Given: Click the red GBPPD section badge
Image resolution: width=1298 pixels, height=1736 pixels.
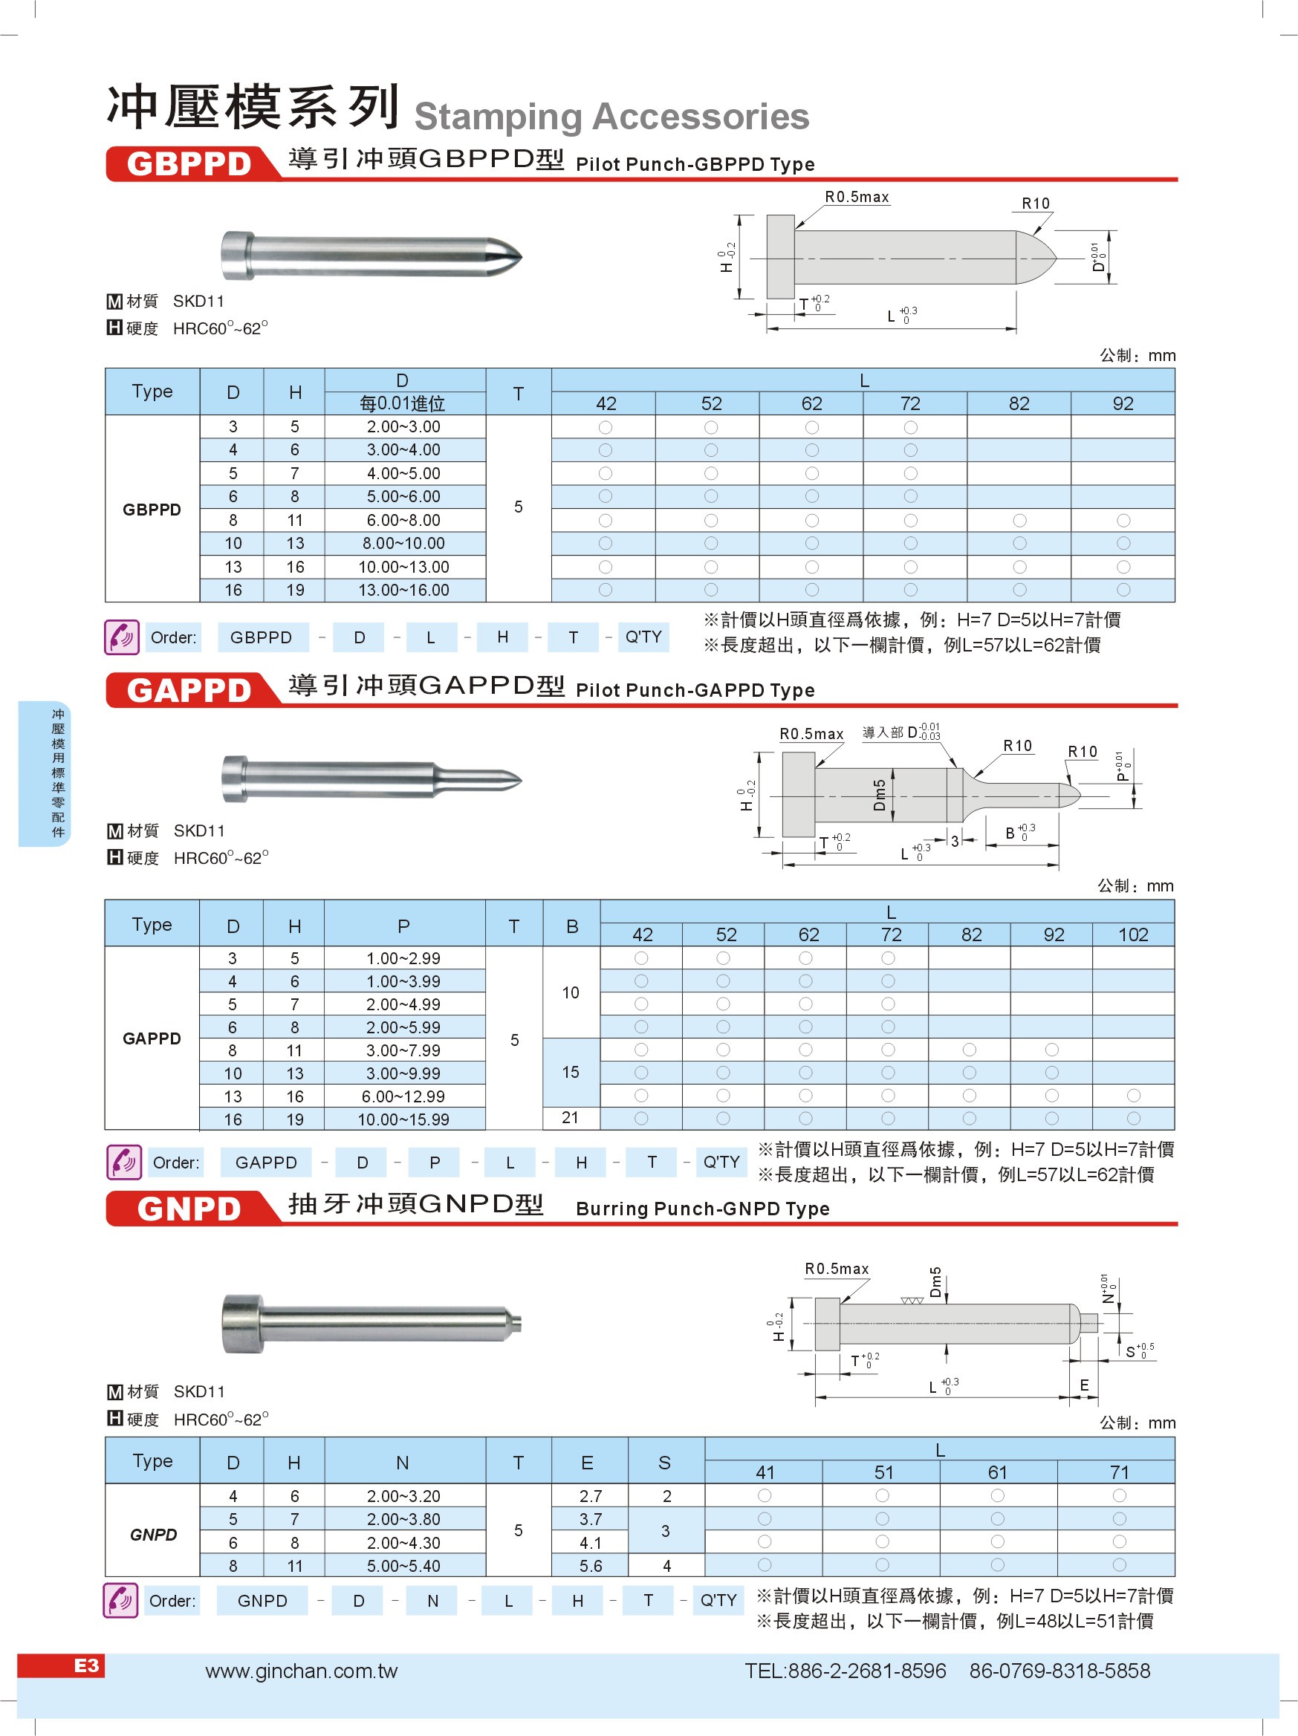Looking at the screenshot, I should click(x=189, y=164).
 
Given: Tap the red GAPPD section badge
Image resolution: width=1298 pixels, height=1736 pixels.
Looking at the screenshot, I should click(x=189, y=691).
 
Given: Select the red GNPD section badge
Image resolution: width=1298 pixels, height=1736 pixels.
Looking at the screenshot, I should click(x=189, y=1209).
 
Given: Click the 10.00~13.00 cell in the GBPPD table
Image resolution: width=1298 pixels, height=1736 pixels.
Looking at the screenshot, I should click(x=404, y=567).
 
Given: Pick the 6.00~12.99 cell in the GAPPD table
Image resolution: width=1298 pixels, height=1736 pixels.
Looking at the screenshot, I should click(x=403, y=1096).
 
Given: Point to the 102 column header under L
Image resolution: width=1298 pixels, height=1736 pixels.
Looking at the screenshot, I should click(x=1132, y=934).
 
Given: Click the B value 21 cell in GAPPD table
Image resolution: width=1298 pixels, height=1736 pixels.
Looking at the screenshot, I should click(x=571, y=1117).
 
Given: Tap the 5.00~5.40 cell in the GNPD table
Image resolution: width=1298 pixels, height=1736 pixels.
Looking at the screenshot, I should click(x=403, y=1566).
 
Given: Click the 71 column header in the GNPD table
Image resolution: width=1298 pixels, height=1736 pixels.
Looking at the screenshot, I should click(x=1119, y=1472).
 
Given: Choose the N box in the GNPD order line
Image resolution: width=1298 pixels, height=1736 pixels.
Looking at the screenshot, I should click(x=432, y=1601).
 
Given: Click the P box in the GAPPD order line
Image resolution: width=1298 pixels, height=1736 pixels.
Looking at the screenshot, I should click(x=435, y=1163).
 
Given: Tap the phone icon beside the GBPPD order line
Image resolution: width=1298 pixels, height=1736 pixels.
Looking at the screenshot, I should click(x=122, y=637).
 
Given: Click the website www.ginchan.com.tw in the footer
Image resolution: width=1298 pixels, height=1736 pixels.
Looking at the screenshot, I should click(x=302, y=1671).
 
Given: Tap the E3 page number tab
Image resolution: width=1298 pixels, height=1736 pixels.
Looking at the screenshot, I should click(x=86, y=1665).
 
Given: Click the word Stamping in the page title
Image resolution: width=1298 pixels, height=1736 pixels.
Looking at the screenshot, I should click(x=499, y=117).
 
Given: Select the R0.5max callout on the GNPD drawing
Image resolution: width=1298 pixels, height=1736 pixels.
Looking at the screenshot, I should click(x=837, y=1269).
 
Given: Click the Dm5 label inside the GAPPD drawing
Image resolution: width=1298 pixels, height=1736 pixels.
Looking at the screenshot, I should click(x=880, y=795).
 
